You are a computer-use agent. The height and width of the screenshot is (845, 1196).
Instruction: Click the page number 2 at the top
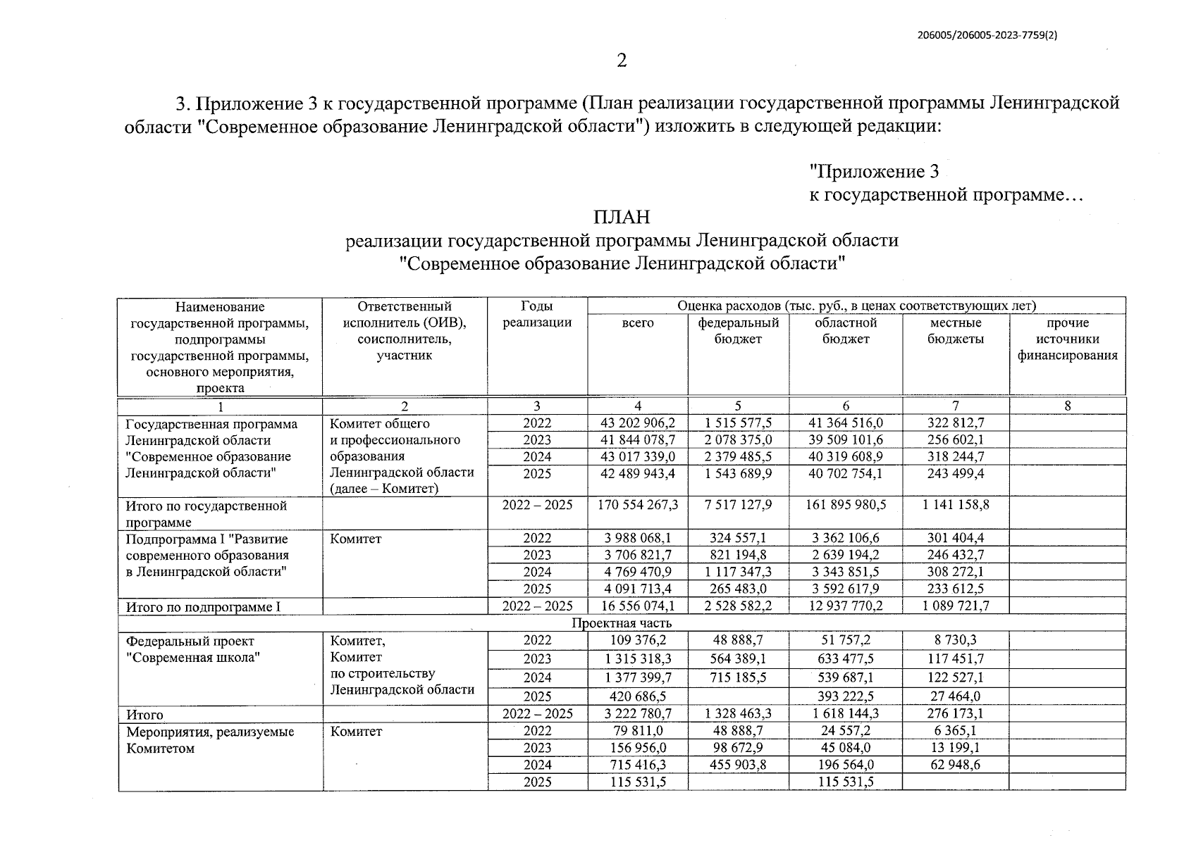point(621,61)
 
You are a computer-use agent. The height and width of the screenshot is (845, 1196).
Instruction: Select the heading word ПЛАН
point(621,217)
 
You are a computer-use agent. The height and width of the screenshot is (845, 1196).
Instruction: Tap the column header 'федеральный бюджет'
point(738,331)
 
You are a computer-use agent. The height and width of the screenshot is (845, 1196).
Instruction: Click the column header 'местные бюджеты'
point(956,331)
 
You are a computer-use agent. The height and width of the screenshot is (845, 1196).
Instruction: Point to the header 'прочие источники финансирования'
point(1067,339)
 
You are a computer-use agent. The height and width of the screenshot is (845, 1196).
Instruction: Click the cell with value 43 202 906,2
point(637,423)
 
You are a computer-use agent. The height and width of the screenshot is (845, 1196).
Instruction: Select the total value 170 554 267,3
point(637,506)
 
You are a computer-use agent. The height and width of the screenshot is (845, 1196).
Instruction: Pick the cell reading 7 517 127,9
point(738,506)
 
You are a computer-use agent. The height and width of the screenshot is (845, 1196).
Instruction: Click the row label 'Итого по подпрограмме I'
point(203,606)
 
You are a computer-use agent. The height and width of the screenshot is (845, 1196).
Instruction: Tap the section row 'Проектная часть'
point(621,623)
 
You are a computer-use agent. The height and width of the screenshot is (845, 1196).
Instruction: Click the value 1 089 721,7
point(956,606)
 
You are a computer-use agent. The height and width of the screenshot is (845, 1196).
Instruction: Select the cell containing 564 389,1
point(738,659)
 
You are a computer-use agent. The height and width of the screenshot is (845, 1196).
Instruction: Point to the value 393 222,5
point(845,696)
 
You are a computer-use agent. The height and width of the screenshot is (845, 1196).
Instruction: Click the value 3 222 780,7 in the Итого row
point(637,714)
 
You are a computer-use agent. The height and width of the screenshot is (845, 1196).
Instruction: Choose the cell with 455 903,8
point(738,765)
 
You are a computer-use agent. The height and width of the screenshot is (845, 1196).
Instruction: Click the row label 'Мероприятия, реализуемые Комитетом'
point(210,740)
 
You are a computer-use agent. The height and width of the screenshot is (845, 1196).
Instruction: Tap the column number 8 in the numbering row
point(1067,406)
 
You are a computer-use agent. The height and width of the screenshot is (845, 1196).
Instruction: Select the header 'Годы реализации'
point(537,315)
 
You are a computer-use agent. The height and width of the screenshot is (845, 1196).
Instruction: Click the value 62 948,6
point(956,765)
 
